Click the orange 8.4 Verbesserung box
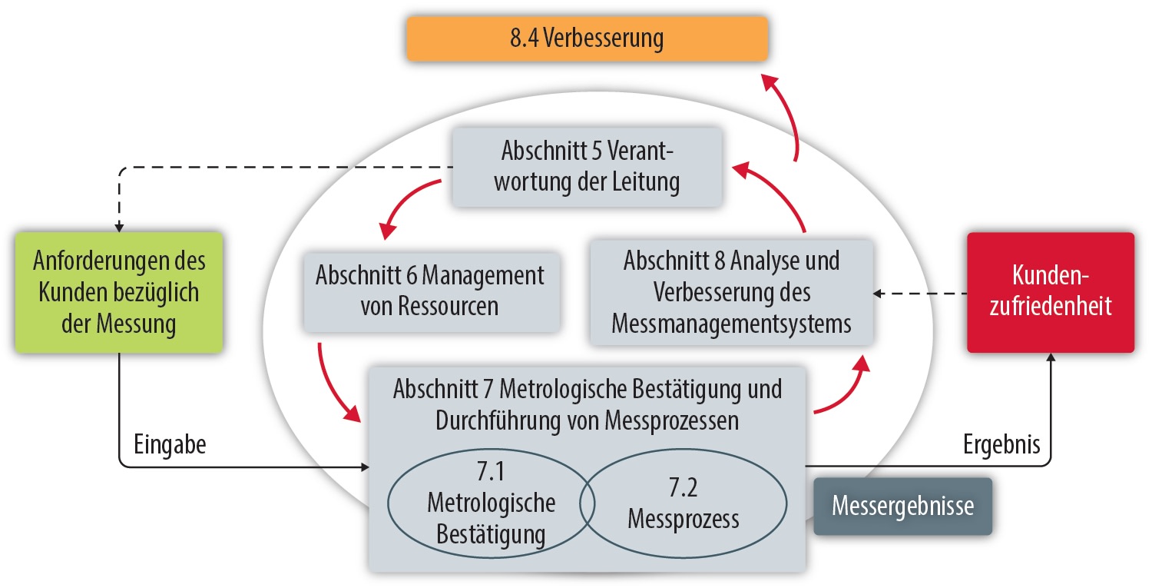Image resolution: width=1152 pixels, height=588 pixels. (586, 38)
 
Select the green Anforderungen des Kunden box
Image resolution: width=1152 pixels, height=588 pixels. (119, 292)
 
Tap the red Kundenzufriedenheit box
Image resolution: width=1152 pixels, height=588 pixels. (1050, 292)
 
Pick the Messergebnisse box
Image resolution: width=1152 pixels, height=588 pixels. (902, 507)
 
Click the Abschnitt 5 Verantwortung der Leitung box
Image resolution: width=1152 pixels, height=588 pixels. (587, 167)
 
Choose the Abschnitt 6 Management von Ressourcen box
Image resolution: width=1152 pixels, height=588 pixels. (430, 291)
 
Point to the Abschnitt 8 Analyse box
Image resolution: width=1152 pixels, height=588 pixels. (731, 292)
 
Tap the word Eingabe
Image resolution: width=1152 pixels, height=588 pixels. (170, 445)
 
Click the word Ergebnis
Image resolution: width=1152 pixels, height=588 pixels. (1001, 445)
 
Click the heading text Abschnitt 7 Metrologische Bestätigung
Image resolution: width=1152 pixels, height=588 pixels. (587, 389)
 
